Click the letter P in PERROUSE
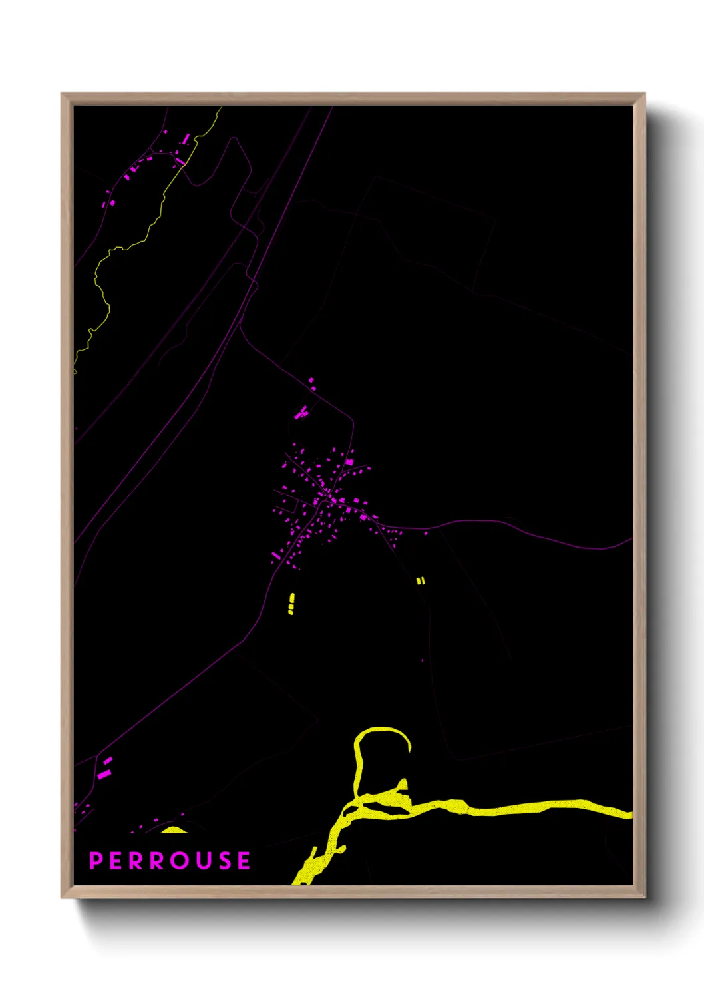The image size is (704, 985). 96,861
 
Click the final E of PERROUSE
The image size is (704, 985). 244,861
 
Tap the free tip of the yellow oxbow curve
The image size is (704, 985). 409,749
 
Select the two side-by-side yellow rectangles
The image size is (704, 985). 420,581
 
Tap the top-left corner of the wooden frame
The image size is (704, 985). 65,97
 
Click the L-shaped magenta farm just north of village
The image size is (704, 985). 301,413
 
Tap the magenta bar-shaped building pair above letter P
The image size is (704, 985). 105,767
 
